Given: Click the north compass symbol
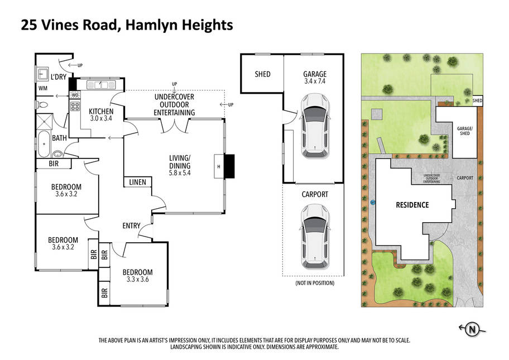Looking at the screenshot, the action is [x=472, y=329].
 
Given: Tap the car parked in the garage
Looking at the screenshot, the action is [x=315, y=126].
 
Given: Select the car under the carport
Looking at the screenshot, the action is [x=315, y=237].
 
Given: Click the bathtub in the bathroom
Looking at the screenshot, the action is [x=44, y=144].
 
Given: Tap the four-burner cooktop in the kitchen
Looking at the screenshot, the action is [x=75, y=106].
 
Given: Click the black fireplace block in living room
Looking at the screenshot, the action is [x=229, y=166].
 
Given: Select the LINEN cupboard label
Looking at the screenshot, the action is [x=138, y=182].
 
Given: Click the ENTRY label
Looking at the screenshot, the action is [x=132, y=225].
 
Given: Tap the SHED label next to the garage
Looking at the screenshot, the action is [x=263, y=74].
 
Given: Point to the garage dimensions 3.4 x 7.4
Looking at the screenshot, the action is [x=315, y=81].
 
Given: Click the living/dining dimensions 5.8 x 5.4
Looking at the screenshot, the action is [x=180, y=173].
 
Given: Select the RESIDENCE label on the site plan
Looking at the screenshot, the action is [x=412, y=205].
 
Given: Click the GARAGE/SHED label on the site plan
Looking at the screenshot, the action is [x=465, y=131].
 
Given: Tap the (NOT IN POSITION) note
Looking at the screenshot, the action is [x=315, y=283].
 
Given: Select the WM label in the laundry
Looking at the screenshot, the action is [x=43, y=88].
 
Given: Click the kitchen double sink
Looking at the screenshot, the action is [x=101, y=85].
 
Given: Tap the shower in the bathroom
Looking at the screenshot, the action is [x=44, y=121].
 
